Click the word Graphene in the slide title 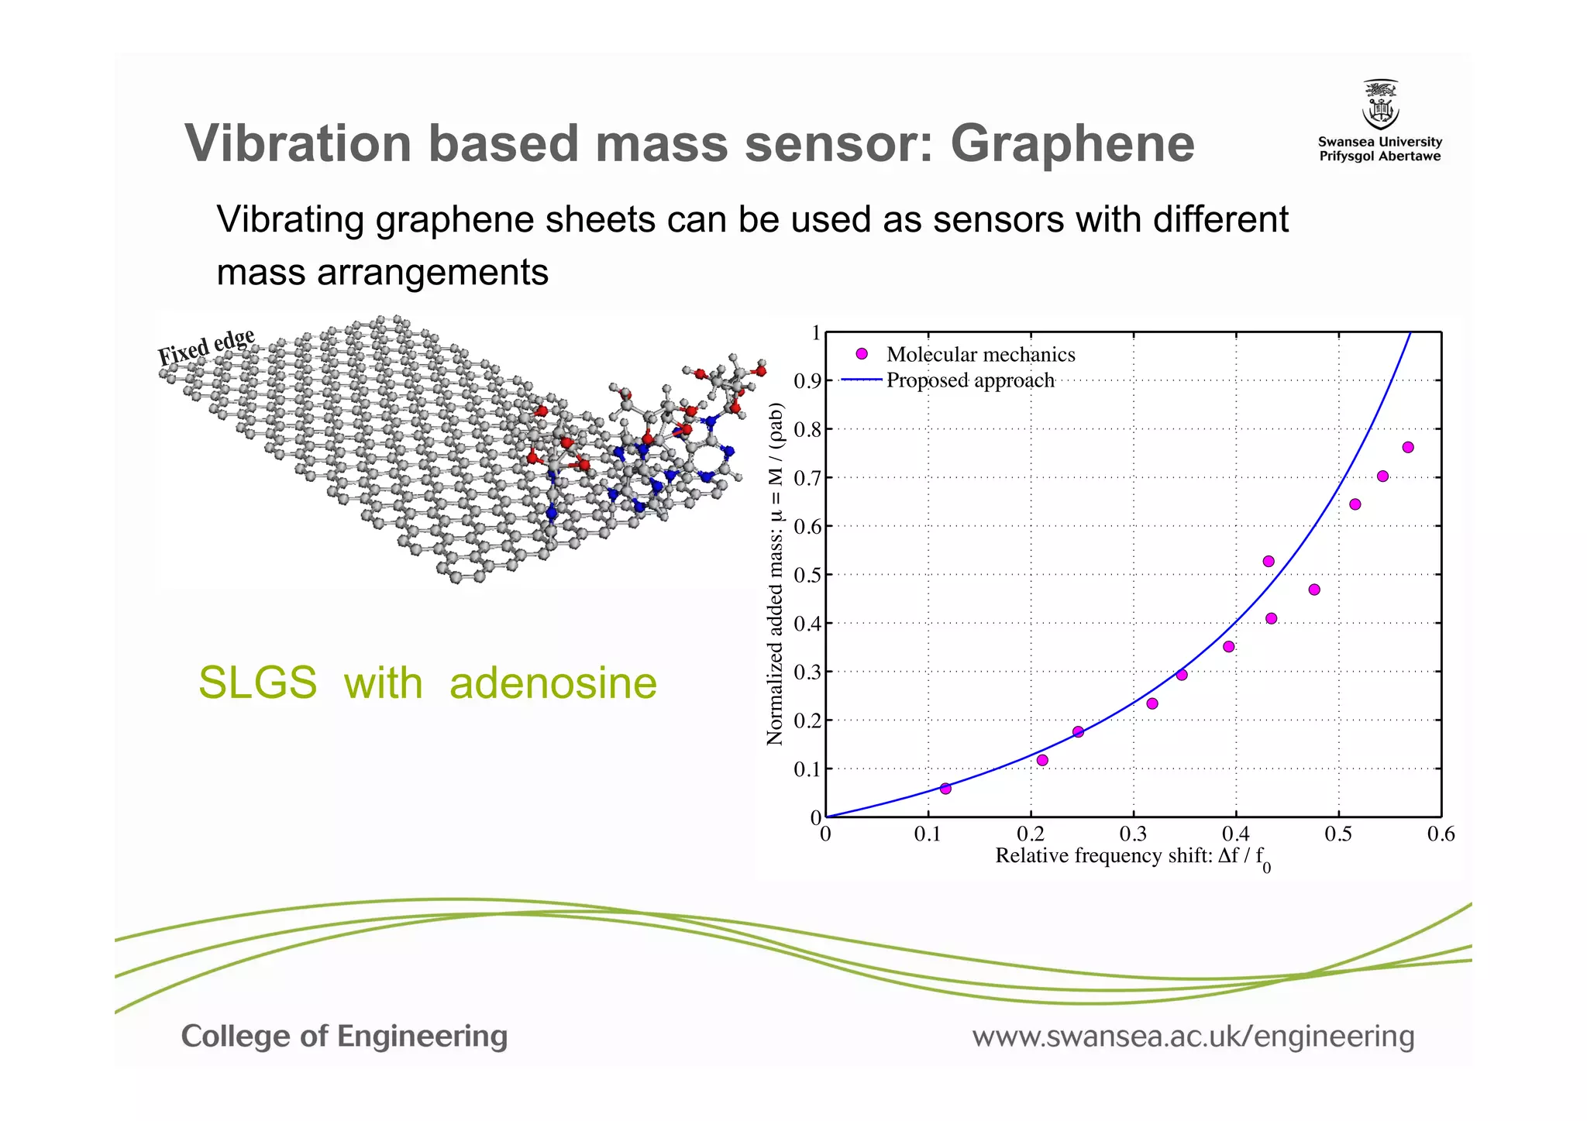coord(1072,145)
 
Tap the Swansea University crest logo coord(1380,105)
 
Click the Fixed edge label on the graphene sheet coord(206,346)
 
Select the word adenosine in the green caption coord(553,683)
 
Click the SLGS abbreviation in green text coord(257,683)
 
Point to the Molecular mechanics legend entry coord(980,355)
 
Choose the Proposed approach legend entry coord(969,380)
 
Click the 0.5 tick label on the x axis coord(1337,835)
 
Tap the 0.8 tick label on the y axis coord(807,430)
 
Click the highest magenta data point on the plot coord(1408,447)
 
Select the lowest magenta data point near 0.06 coord(945,789)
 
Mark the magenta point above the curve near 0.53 coord(1269,562)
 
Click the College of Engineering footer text coord(344,1037)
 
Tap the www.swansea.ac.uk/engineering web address coord(1193,1037)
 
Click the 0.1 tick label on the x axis coord(928,835)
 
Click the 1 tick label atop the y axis coord(815,334)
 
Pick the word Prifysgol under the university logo coord(1351,156)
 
